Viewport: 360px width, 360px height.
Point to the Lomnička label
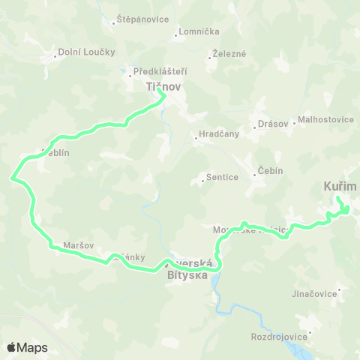coord(196,32)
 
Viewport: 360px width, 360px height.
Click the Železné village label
coord(228,54)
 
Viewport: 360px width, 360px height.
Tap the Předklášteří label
coord(159,72)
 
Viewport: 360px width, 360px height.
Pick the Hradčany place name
coord(217,136)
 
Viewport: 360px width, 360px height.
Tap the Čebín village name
coord(270,170)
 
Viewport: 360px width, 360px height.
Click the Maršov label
coord(79,245)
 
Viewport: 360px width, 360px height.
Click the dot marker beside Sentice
coord(202,180)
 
